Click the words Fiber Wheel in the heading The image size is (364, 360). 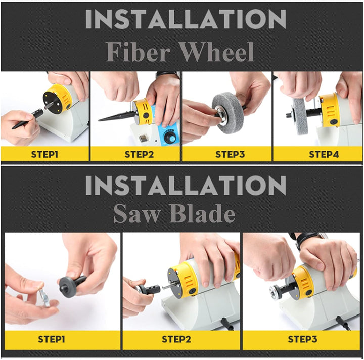180,52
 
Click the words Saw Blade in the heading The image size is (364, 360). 174,213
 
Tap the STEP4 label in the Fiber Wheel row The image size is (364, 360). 324,154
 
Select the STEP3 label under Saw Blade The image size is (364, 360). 302,339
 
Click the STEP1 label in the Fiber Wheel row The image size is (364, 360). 44,154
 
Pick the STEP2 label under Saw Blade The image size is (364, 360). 176,339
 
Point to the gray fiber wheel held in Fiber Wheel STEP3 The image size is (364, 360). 226,113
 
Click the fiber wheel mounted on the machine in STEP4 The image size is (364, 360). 300,116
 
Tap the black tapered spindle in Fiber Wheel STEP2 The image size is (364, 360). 117,117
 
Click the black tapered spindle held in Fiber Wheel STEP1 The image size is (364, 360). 28,119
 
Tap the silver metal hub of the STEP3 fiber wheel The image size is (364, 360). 220,113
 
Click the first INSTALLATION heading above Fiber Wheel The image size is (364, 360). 186,19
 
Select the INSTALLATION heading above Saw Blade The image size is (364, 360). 186,185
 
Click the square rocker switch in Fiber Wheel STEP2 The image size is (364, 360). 144,138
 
